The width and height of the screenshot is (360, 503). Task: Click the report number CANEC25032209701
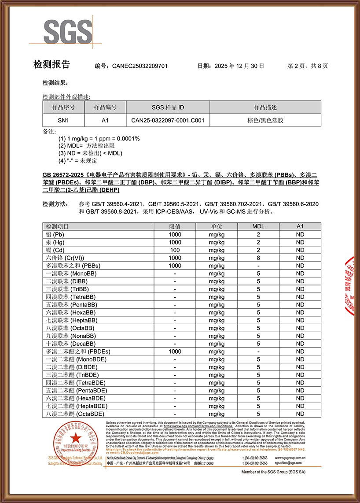pyautogui.click(x=140, y=66)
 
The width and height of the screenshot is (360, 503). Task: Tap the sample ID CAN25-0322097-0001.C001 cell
pyautogui.click(x=168, y=120)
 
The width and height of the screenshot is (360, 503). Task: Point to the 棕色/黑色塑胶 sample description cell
pyautogui.click(x=265, y=120)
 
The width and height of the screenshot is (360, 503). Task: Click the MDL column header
pyautogui.click(x=258, y=226)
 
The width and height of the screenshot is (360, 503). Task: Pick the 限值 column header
pyautogui.click(x=175, y=226)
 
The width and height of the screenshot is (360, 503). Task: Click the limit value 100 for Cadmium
pyautogui.click(x=175, y=250)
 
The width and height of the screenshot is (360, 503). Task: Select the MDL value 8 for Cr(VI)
pyautogui.click(x=258, y=258)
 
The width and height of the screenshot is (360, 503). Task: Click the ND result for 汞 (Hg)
pyautogui.click(x=300, y=242)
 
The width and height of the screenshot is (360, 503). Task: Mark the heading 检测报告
pyautogui.click(x=51, y=65)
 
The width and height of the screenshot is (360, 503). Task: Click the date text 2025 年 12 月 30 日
pyautogui.click(x=239, y=66)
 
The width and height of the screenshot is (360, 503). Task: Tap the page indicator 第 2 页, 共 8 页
pyautogui.click(x=308, y=66)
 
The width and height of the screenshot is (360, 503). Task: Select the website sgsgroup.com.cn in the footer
pyautogui.click(x=290, y=458)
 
